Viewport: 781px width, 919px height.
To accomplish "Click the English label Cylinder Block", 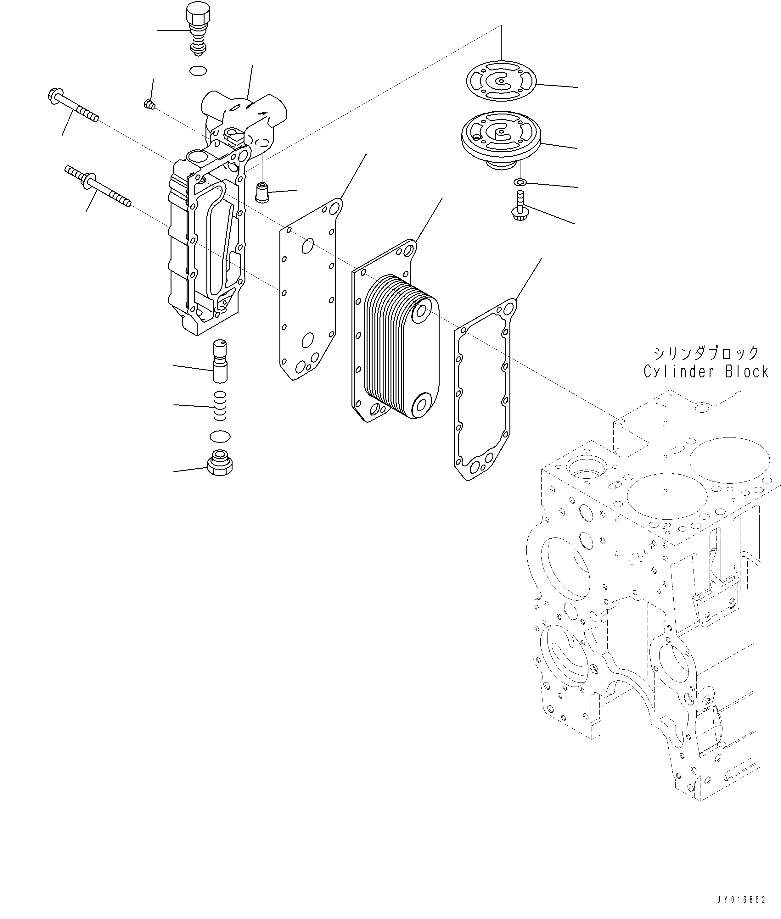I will pyautogui.click(x=706, y=372).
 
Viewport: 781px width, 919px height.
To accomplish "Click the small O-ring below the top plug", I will pyautogui.click(x=198, y=70).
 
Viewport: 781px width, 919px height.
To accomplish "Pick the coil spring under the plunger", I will pyautogui.click(x=220, y=406).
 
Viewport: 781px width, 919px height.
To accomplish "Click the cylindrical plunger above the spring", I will pyautogui.click(x=220, y=361).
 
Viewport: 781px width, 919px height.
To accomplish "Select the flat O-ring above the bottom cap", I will pyautogui.click(x=220, y=436).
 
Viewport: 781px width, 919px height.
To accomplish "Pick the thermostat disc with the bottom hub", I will pyautogui.click(x=501, y=135).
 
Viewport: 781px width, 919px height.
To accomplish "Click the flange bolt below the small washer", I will pyautogui.click(x=520, y=208).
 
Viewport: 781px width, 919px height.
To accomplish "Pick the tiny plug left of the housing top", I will pyautogui.click(x=149, y=104).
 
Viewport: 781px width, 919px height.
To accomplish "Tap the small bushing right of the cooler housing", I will pyautogui.click(x=262, y=192).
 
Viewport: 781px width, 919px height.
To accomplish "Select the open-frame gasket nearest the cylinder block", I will pyautogui.click(x=483, y=389).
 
